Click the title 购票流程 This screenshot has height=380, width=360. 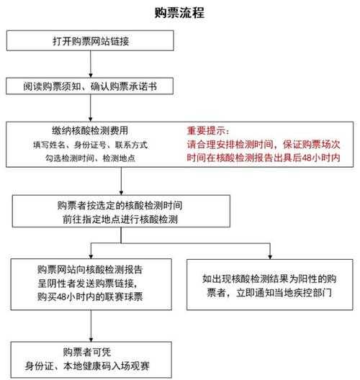click(x=179, y=13)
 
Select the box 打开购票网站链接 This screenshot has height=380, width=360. click(x=90, y=40)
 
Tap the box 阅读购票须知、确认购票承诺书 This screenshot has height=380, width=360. click(x=90, y=86)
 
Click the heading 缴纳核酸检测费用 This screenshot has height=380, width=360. click(x=90, y=131)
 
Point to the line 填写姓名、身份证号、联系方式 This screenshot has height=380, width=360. click(x=90, y=145)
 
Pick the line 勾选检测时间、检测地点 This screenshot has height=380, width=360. click(x=90, y=158)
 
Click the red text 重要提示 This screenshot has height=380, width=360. click(x=208, y=131)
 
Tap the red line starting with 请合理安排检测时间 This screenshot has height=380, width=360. click(x=264, y=145)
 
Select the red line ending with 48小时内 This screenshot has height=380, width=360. click(x=264, y=158)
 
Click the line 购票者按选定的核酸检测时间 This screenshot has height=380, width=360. click(x=120, y=205)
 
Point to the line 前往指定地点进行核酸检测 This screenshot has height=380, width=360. click(x=120, y=220)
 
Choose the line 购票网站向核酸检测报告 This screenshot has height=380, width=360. click(x=90, y=269)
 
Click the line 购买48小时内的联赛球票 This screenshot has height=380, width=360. click(x=90, y=297)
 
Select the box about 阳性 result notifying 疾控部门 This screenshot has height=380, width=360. click(x=270, y=285)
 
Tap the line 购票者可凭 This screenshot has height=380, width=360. click(x=87, y=352)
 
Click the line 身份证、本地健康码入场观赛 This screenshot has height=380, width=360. click(x=87, y=366)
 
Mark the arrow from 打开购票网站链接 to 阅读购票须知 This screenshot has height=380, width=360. click(x=91, y=64)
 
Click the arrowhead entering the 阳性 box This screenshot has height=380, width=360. click(x=270, y=257)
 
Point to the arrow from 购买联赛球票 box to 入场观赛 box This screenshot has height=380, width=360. click(x=91, y=326)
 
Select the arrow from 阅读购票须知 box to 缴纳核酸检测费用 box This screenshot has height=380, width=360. click(x=91, y=108)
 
